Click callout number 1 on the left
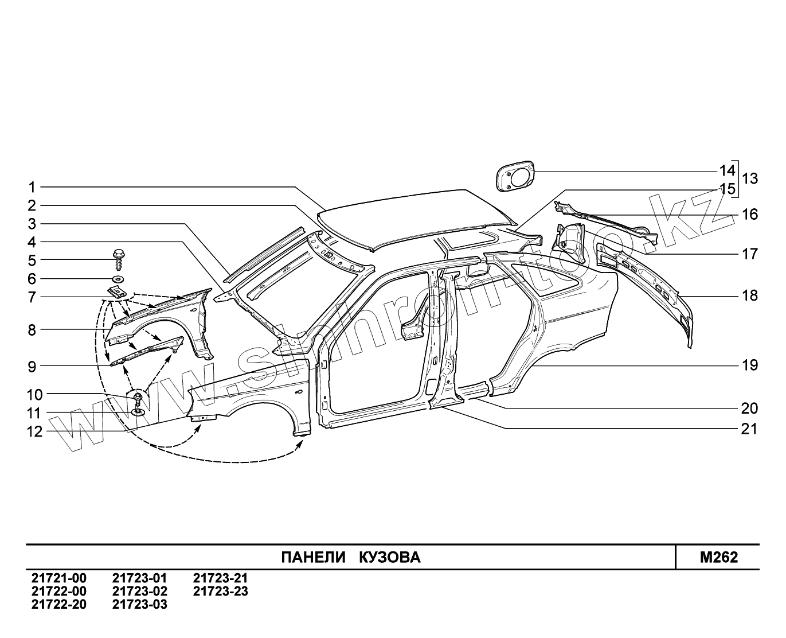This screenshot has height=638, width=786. (32, 187)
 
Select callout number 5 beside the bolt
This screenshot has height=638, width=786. (32, 260)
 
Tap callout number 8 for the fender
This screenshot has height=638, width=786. (32, 330)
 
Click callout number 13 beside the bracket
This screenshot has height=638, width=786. (749, 179)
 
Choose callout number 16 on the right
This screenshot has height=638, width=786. (749, 215)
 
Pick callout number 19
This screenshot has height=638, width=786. (749, 365)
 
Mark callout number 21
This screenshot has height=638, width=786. (749, 429)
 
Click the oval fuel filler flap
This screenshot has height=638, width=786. (514, 175)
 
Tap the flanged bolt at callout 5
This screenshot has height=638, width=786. (119, 258)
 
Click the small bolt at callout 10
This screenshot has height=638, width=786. (138, 398)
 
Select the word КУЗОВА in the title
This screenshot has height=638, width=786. (390, 558)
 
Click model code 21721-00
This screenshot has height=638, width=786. (59, 579)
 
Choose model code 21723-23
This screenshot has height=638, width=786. (221, 592)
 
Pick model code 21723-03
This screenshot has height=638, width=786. (140, 605)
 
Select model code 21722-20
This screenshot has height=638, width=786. (59, 605)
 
